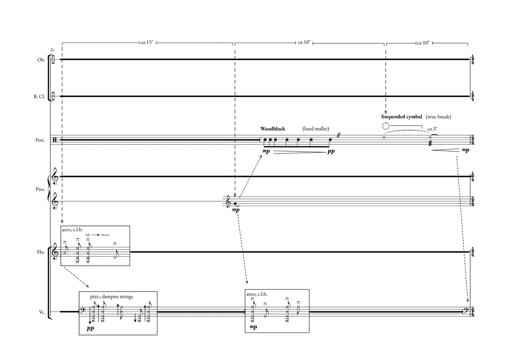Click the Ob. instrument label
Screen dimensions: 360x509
41,60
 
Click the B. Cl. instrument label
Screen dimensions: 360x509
39,97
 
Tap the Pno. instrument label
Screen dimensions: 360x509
40,189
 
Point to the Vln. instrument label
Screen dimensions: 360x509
41,252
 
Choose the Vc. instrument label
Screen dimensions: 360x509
42,312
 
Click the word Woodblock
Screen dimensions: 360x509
273,129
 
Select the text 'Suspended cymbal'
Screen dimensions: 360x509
402,117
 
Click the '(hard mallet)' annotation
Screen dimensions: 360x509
316,129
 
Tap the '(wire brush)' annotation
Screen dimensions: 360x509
438,117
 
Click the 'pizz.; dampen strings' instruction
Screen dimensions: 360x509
112,297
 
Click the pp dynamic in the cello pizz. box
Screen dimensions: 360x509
91,329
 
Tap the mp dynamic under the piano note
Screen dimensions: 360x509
236,210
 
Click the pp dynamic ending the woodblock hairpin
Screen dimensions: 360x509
331,152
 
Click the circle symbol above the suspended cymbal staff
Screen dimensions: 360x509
385,126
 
